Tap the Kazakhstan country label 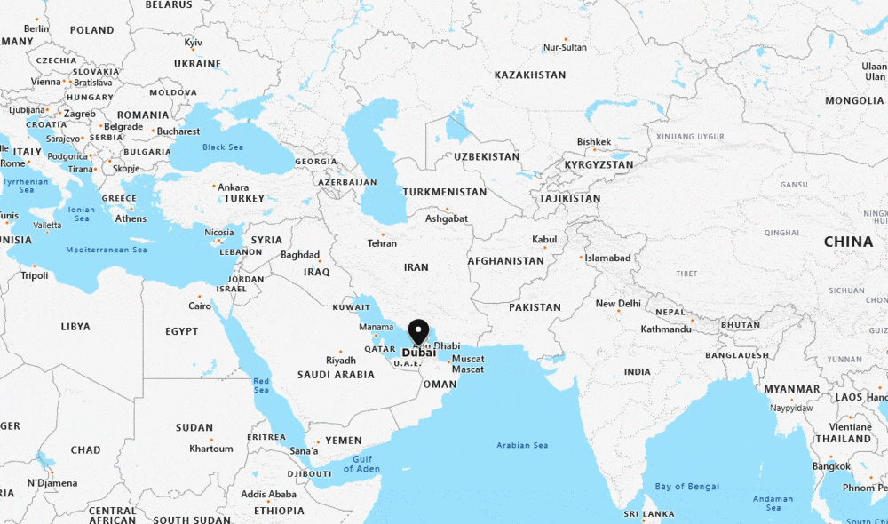click(x=530, y=75)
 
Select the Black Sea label click(x=222, y=147)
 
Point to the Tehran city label click(x=382, y=243)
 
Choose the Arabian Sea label click(x=522, y=445)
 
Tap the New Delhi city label click(x=618, y=304)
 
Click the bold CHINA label click(x=848, y=242)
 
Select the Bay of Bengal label click(x=686, y=487)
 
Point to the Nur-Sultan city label click(x=565, y=47)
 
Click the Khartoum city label click(x=210, y=449)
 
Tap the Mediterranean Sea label click(x=107, y=250)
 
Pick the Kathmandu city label click(x=666, y=329)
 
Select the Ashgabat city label click(x=446, y=218)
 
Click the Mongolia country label click(x=854, y=101)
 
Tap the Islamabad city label click(x=608, y=258)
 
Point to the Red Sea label click(x=260, y=385)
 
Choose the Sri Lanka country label click(x=649, y=514)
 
